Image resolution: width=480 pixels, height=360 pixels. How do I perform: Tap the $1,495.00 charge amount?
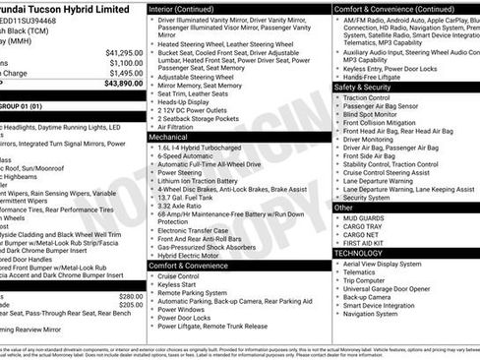coord(125,73)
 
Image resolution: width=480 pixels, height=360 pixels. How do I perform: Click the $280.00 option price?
coord(131,296)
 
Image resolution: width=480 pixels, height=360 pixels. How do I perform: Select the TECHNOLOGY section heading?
coord(358,253)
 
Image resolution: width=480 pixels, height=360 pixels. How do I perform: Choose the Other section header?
coord(344,208)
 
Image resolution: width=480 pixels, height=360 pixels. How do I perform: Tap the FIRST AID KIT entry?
coord(369,242)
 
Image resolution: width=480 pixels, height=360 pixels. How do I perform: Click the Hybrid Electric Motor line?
coord(196,255)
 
